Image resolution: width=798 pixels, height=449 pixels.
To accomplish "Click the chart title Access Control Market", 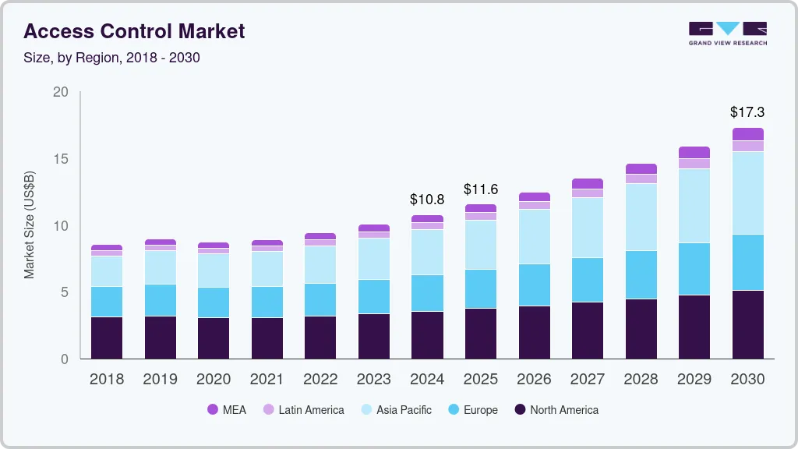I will [135, 31].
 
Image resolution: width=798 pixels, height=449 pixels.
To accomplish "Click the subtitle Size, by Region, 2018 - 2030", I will [112, 58].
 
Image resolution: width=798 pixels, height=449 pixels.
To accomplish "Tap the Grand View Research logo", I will [727, 33].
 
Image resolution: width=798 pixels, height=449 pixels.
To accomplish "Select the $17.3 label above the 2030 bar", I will [747, 112].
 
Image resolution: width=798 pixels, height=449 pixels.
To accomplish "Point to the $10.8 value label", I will [427, 200].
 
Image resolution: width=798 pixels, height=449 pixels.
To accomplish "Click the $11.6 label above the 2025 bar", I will [481, 189].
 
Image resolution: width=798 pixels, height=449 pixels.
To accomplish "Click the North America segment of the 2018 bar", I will [107, 338].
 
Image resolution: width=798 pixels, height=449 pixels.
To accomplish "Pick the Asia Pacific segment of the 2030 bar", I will [747, 193].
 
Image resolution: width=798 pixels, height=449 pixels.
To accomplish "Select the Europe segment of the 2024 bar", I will [427, 293].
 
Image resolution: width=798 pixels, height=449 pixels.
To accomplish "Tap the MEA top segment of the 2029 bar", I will [694, 152].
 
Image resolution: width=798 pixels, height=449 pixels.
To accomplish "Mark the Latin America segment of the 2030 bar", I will [747, 146].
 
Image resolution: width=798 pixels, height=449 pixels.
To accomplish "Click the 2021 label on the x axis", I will [267, 380].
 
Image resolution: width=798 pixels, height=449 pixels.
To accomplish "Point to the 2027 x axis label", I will [588, 380].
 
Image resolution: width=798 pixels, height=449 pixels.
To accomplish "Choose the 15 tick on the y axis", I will [61, 159].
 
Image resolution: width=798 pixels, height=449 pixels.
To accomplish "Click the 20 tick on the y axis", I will [61, 92].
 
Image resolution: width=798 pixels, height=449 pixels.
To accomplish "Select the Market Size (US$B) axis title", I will [30, 225].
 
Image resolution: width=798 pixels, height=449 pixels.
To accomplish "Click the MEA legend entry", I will [226, 409].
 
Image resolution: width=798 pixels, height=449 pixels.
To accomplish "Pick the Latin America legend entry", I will [303, 409].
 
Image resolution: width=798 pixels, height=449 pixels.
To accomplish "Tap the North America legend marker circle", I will [520, 409].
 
